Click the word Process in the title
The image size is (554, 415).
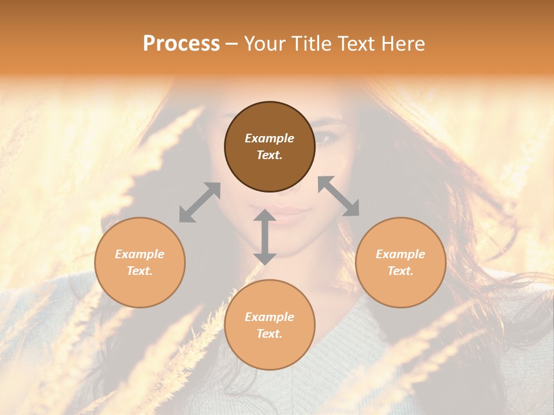tap(181, 44)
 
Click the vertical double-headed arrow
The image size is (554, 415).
tap(265, 237)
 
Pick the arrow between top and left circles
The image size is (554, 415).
tap(200, 202)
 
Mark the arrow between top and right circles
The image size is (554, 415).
tap(339, 196)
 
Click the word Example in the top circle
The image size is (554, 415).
tap(269, 138)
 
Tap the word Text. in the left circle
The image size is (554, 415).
tap(140, 271)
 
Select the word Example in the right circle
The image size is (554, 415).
tap(400, 254)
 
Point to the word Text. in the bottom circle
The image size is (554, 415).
tap(269, 334)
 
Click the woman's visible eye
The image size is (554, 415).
tap(324, 138)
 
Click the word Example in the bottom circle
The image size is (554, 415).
tap(269, 317)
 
